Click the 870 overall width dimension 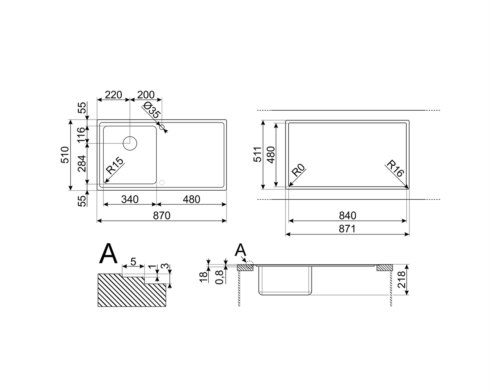point(161,216)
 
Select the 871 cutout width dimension point(347,229)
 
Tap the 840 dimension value point(347,216)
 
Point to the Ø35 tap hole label point(151,110)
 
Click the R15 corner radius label point(114,166)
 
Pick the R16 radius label point(395,168)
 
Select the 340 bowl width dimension point(130,199)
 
